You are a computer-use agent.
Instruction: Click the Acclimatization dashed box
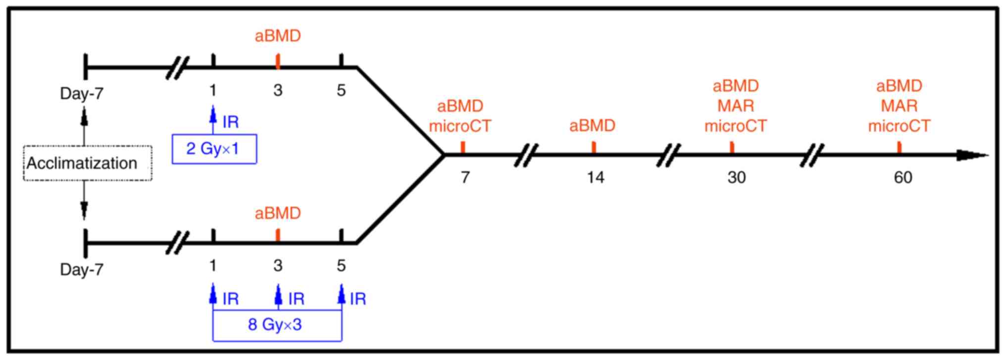[88, 163]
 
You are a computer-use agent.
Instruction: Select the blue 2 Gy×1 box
[214, 149]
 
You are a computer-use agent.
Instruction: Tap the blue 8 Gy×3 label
[275, 325]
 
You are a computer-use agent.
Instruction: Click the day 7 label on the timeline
[465, 177]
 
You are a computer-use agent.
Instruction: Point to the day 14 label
[595, 177]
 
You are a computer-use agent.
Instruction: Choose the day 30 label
[736, 177]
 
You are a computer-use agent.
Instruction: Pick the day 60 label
[903, 177]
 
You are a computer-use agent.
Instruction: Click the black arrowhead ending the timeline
[970, 155]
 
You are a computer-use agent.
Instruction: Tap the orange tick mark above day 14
[594, 147]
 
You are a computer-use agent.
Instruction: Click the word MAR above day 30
[736, 106]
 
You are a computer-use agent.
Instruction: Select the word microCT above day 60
[899, 126]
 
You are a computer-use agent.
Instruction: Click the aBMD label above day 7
[460, 106]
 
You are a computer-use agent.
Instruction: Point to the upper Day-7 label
[82, 93]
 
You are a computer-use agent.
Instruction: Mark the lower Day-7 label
[82, 269]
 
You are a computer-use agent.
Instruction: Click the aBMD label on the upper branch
[278, 36]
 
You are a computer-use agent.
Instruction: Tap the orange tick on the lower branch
[278, 235]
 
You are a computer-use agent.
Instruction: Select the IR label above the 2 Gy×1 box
[231, 122]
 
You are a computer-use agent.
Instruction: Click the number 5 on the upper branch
[341, 90]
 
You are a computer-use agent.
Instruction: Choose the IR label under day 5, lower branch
[358, 299]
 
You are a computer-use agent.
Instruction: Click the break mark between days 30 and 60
[812, 155]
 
